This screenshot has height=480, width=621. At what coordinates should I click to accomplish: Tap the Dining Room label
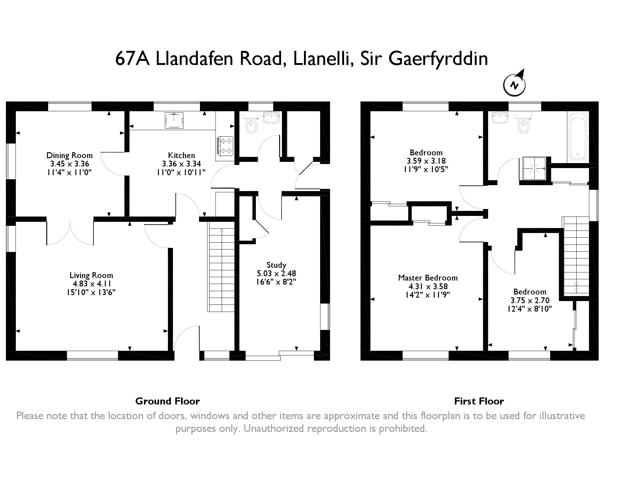point(69,155)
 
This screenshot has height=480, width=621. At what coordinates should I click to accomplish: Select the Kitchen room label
point(181,155)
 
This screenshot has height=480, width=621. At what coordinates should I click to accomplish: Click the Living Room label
point(91,275)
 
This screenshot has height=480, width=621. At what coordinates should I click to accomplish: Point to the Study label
point(276,265)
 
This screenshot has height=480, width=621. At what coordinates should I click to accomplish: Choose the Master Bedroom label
point(428,278)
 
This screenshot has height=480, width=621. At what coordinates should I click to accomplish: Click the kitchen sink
point(174,120)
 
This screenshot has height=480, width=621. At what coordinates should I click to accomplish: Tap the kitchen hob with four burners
point(225,146)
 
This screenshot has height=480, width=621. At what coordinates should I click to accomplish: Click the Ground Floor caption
point(167,401)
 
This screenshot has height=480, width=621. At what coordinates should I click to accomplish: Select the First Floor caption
point(479,401)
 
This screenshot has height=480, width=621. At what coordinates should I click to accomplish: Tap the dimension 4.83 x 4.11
point(90,284)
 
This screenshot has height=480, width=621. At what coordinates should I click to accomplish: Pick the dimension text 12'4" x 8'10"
point(530,309)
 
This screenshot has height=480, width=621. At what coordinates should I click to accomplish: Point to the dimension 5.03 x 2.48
point(276,273)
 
